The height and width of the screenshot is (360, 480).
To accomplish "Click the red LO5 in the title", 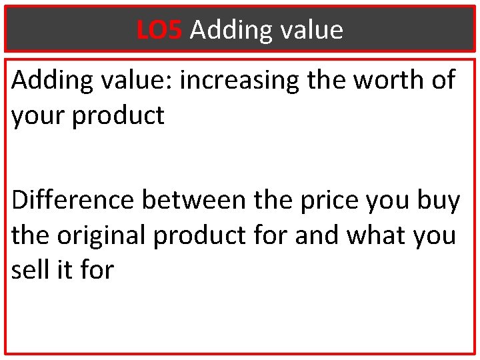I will (x=159, y=30).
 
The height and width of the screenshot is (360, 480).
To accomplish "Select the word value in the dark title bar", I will (x=312, y=30).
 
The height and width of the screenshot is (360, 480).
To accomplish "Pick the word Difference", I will (x=73, y=201).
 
